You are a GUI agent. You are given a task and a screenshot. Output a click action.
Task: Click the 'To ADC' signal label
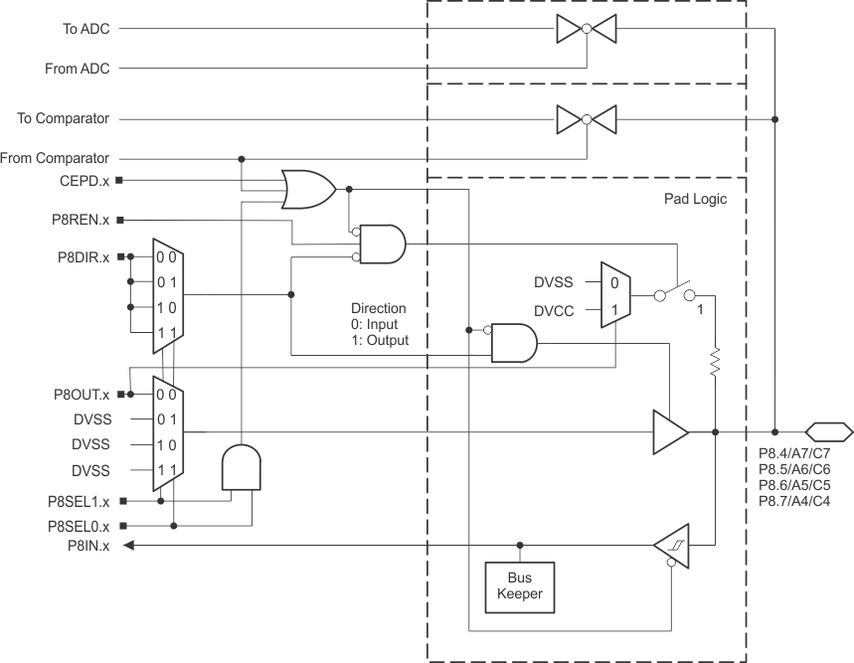85,29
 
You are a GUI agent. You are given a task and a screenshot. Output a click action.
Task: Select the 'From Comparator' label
56,158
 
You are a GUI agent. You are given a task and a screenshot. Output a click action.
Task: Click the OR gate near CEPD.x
307,189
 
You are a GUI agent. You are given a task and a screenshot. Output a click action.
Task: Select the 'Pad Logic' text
695,199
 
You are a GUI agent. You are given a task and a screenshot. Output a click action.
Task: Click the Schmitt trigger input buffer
671,545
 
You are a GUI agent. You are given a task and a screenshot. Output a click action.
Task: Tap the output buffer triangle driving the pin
669,432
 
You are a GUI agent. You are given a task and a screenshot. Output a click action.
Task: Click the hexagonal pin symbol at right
828,432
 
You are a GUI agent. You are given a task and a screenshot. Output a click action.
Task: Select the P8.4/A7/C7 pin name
793,454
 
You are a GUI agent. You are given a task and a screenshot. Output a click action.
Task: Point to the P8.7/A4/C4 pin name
793,500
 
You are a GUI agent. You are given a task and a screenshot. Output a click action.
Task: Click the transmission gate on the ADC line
586,30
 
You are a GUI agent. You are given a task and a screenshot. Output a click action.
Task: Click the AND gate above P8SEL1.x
241,466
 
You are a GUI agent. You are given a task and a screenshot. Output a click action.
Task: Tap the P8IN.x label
87,545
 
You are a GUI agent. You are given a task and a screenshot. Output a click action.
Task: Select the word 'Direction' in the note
379,308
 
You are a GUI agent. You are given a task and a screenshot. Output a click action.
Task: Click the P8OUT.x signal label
81,394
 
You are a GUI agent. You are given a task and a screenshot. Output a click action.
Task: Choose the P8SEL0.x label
79,525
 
